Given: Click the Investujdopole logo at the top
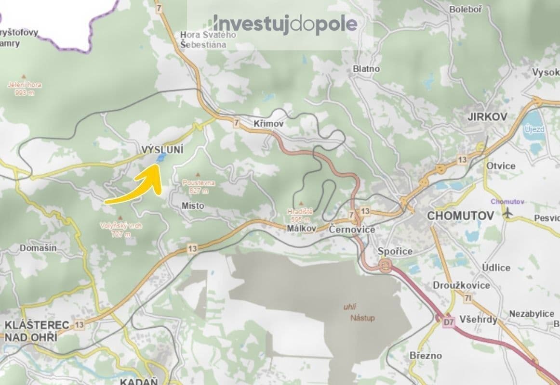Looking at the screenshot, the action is pos(285,24).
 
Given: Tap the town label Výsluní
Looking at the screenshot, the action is pos(163,149).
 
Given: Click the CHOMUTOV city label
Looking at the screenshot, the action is pos(460,216).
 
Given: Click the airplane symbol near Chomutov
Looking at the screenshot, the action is pos(507,213).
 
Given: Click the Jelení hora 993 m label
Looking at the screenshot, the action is pos(25,89).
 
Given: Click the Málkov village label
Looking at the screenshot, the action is pos(301,229).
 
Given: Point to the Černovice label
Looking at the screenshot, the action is pos(352,230).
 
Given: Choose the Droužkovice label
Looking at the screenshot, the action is pos(461,285).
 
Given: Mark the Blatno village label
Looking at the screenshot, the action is pos(366,69).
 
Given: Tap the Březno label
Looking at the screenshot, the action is pos(425,355).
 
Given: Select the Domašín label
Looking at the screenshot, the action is pos(38,248).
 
